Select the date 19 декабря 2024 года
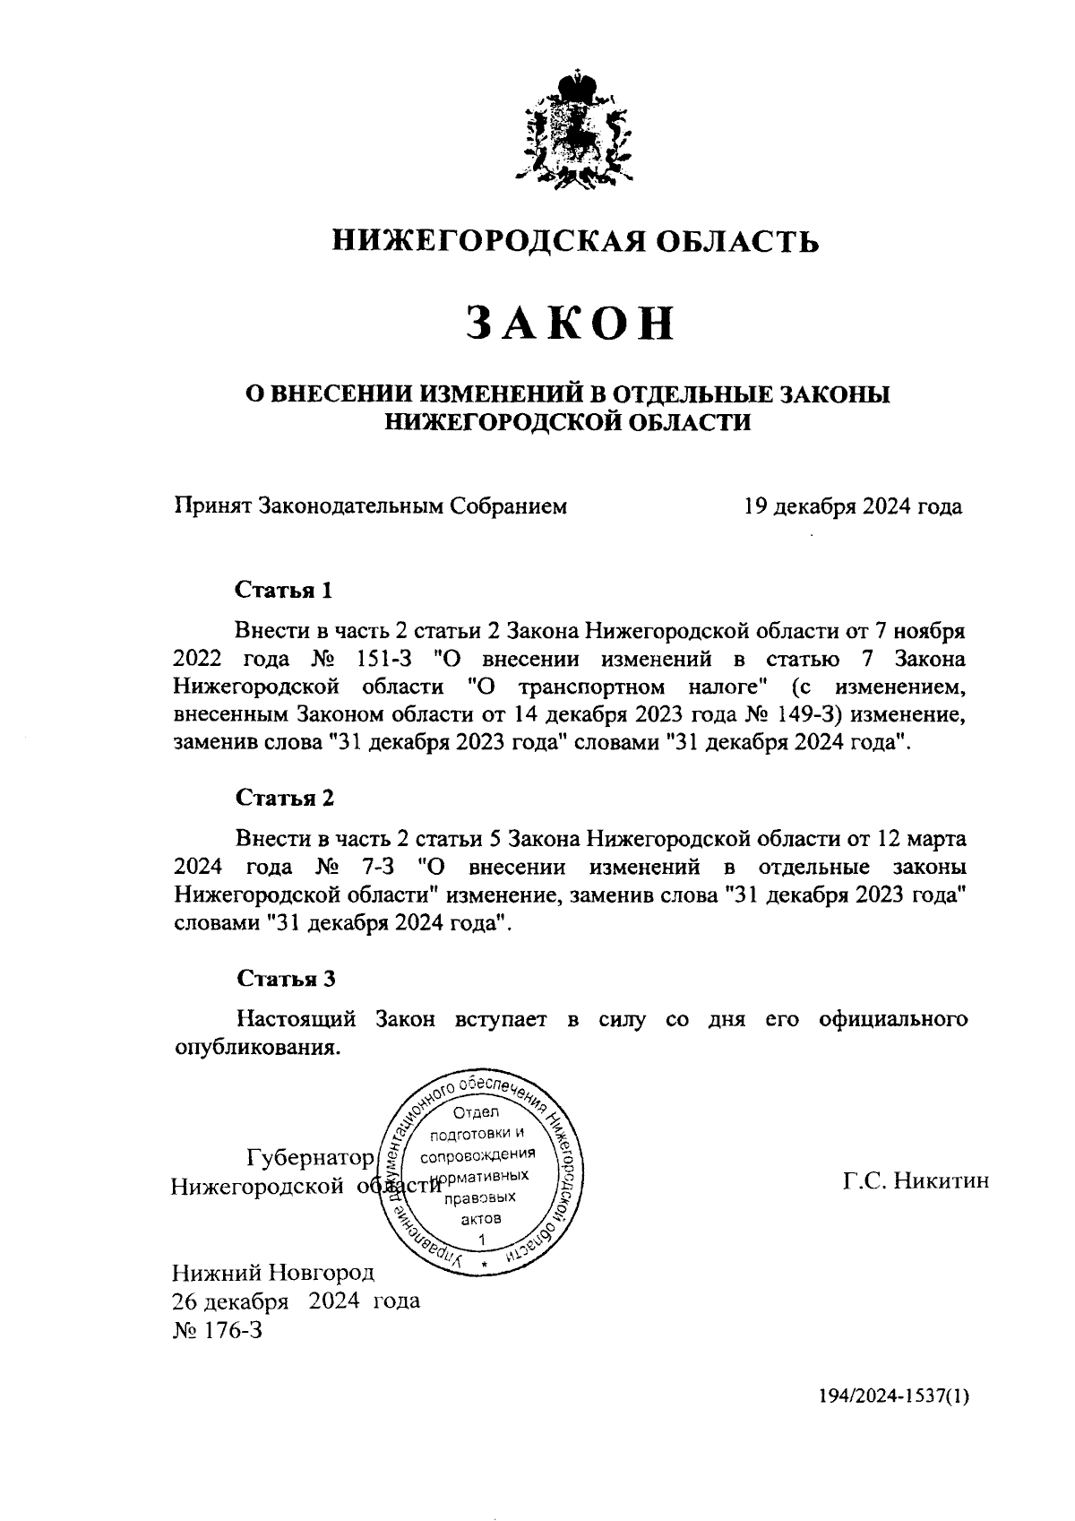tap(852, 507)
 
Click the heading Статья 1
tap(284, 590)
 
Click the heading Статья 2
tap(284, 797)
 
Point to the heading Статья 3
tap(284, 978)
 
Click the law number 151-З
tap(376, 660)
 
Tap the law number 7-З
tap(377, 868)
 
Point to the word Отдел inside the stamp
tap(477, 1112)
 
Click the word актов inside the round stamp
tap(481, 1219)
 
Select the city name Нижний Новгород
tap(273, 1272)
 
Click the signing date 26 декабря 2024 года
tap(296, 1301)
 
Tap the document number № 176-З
tap(217, 1329)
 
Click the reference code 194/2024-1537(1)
tap(893, 1421)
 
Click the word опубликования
tap(257, 1047)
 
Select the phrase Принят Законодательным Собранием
tap(370, 507)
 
